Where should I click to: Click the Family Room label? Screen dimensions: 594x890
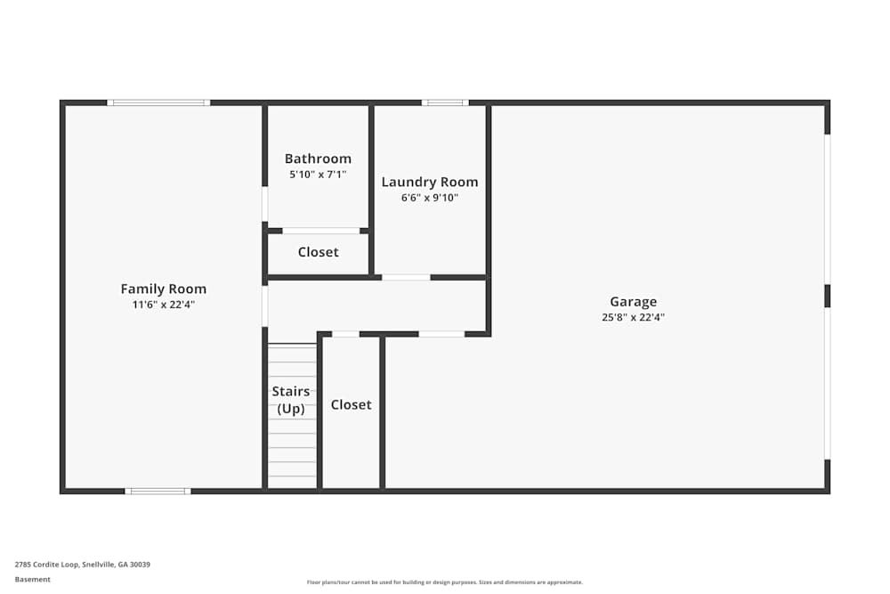coord(164,289)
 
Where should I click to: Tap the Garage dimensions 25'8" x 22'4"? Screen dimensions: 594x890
coord(633,317)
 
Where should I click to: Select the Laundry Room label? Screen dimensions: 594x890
coord(430,182)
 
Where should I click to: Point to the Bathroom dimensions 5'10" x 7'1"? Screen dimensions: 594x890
coord(318,175)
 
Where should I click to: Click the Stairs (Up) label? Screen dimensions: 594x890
coord(291,400)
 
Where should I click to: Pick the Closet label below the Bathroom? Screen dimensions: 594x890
coord(318,252)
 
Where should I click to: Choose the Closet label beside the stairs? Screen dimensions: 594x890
coord(351,404)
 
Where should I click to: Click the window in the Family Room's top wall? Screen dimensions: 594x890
coord(158,102)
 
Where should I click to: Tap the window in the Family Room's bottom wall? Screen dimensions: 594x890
coord(158,491)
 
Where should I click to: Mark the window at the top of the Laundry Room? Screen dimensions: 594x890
coord(445,102)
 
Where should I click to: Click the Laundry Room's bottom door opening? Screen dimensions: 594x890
coord(406,277)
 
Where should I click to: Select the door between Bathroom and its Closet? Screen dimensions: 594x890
coord(320,231)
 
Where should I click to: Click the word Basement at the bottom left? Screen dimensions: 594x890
coord(33,579)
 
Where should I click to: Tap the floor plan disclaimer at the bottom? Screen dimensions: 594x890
coord(445,582)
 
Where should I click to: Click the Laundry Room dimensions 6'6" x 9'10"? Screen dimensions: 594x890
coord(430,198)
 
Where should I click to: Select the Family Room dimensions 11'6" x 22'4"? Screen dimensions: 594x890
coord(164,305)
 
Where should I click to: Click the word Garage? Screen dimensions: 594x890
coord(633,301)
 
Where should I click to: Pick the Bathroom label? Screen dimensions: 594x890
coord(318,159)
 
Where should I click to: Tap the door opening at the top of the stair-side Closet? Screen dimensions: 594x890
coord(345,334)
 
